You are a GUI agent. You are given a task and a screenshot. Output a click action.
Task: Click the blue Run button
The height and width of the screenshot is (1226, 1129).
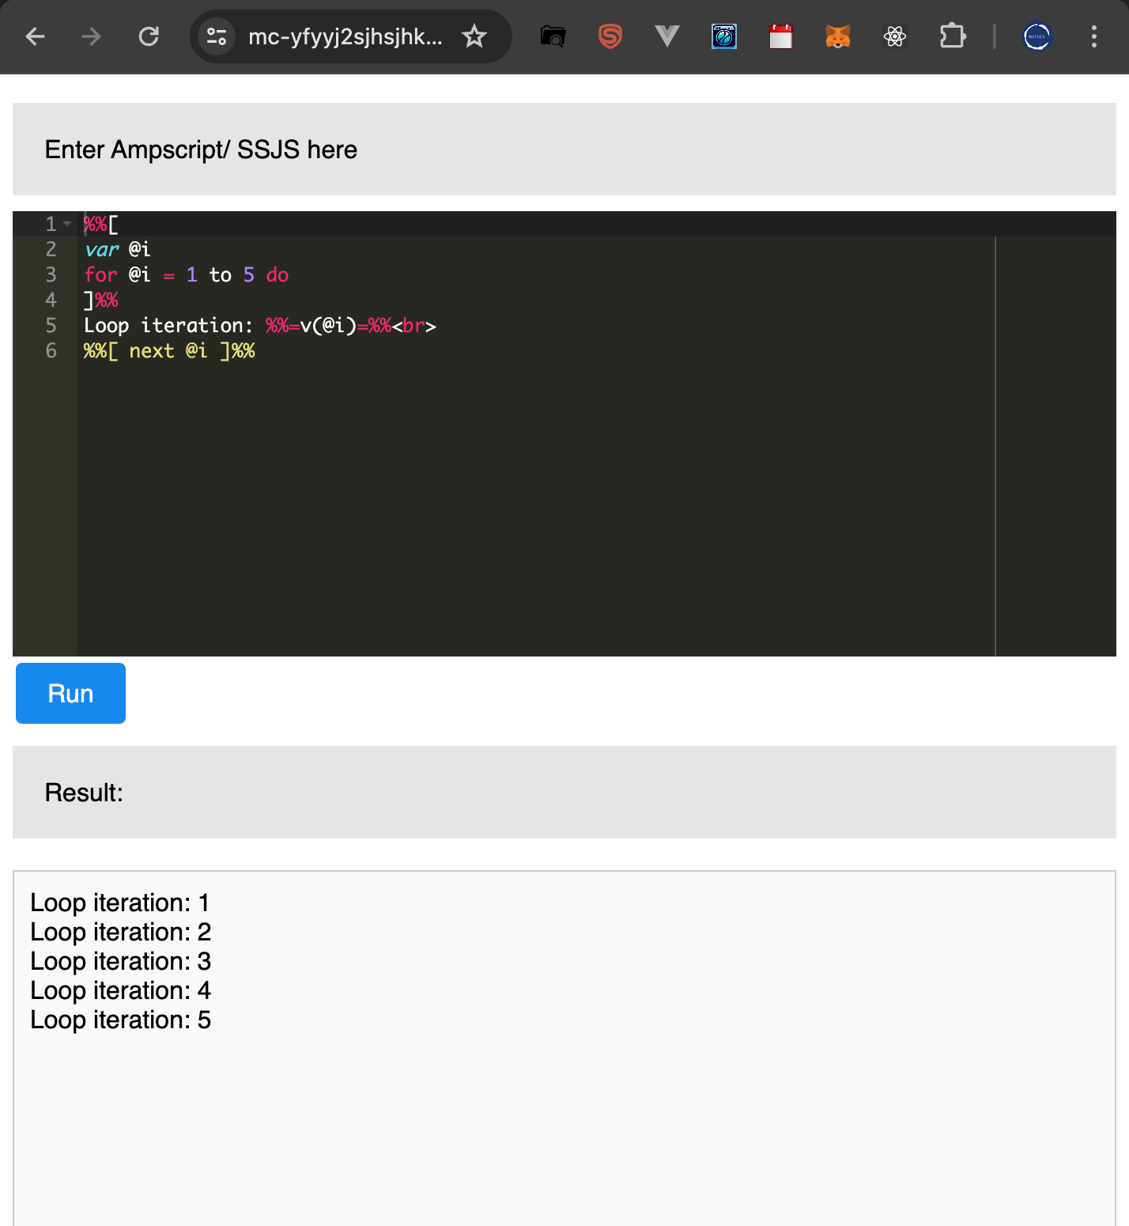pyautogui.click(x=70, y=693)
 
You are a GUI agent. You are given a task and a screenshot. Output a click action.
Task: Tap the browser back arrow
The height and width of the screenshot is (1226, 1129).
pyautogui.click(x=35, y=36)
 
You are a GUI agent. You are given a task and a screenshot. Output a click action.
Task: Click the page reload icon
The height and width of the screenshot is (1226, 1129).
pyautogui.click(x=149, y=36)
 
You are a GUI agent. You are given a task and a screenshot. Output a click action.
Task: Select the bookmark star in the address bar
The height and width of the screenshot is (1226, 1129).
pyautogui.click(x=474, y=36)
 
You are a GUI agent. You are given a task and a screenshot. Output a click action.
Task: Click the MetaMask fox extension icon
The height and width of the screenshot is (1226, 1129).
pyautogui.click(x=837, y=36)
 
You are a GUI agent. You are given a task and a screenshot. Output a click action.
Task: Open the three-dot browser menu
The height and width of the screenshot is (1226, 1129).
pyautogui.click(x=1094, y=36)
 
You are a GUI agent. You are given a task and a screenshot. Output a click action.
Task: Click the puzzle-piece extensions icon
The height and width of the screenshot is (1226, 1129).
pyautogui.click(x=953, y=36)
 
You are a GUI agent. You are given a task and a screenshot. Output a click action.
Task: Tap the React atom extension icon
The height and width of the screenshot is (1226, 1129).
pyautogui.click(x=895, y=36)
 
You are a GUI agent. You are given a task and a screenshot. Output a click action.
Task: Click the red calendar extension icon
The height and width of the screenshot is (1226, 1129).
pyautogui.click(x=780, y=36)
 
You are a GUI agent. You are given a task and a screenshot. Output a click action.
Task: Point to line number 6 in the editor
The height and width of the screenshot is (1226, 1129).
pyautogui.click(x=51, y=350)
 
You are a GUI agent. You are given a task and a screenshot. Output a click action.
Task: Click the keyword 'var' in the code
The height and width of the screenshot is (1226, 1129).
pyautogui.click(x=102, y=250)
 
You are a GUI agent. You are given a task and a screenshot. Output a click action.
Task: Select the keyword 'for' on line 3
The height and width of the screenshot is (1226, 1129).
pyautogui.click(x=100, y=275)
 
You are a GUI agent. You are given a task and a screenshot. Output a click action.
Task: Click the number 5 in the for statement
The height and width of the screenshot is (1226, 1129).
pyautogui.click(x=249, y=275)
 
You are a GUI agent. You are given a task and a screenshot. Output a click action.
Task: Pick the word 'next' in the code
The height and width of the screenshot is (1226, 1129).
pyautogui.click(x=151, y=350)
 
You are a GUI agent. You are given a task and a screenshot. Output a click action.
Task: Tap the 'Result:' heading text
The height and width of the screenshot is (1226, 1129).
pyautogui.click(x=84, y=793)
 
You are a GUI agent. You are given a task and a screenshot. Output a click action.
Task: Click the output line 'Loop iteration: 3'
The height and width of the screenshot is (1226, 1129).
pyautogui.click(x=120, y=961)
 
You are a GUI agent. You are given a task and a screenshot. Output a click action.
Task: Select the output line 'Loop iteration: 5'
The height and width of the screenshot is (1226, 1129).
pyautogui.click(x=120, y=1020)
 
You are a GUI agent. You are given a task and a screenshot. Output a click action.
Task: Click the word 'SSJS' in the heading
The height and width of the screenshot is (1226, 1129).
pyautogui.click(x=268, y=149)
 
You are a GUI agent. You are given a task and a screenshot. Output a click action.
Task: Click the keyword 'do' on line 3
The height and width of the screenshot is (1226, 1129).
pyautogui.click(x=278, y=275)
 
